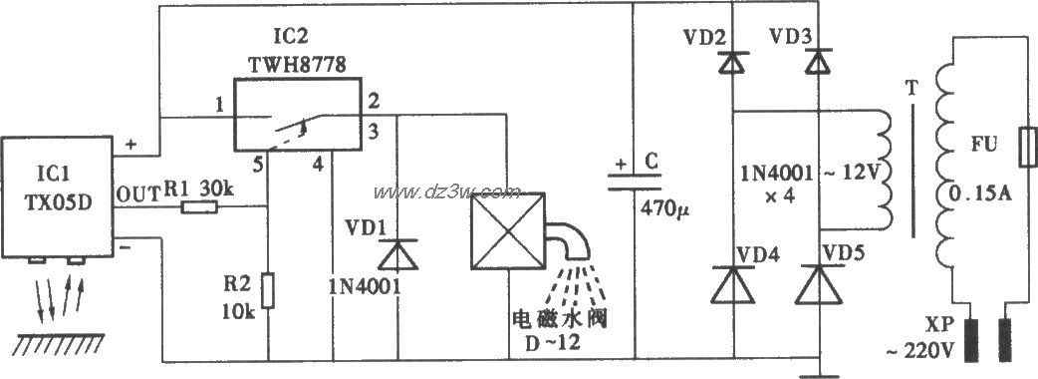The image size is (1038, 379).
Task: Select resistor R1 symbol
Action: coord(202,207)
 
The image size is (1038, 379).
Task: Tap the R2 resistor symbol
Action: coord(268,290)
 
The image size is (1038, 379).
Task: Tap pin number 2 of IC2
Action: coord(373,102)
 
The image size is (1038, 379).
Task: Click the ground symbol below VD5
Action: coord(819,373)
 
